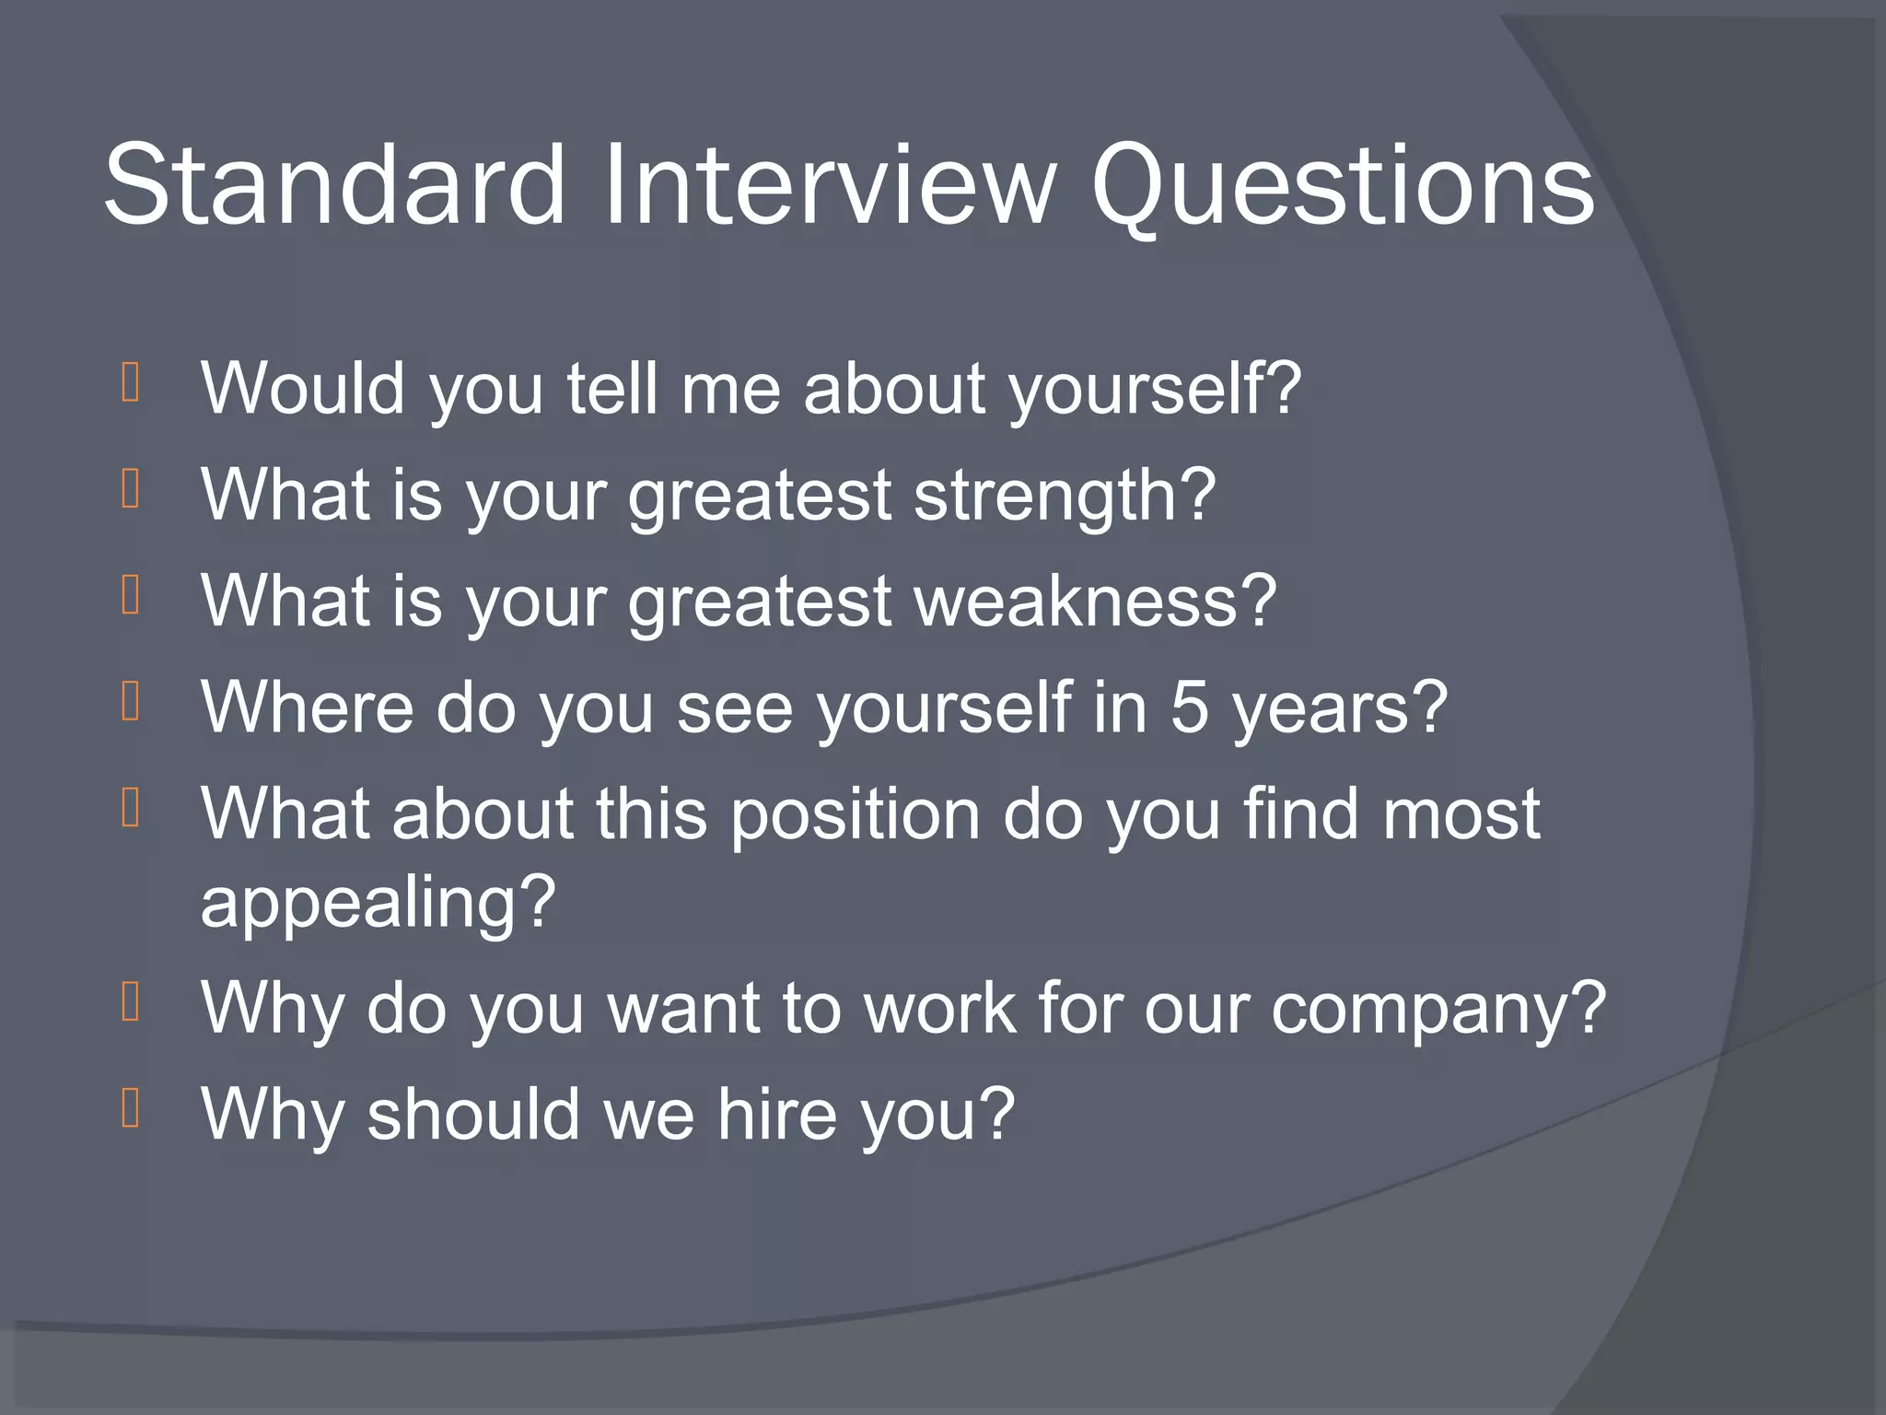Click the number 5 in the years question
[1189, 707]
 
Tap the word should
[473, 1114]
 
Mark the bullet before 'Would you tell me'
[130, 383]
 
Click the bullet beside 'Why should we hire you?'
[130, 1108]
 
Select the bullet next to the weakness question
[130, 595]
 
